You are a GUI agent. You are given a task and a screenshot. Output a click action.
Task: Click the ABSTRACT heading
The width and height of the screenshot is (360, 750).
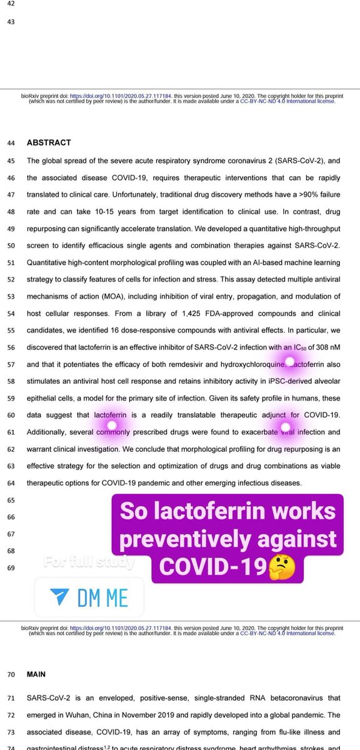click(x=49, y=142)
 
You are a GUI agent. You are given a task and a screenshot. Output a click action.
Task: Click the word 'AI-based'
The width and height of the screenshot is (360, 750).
click(x=242, y=262)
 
